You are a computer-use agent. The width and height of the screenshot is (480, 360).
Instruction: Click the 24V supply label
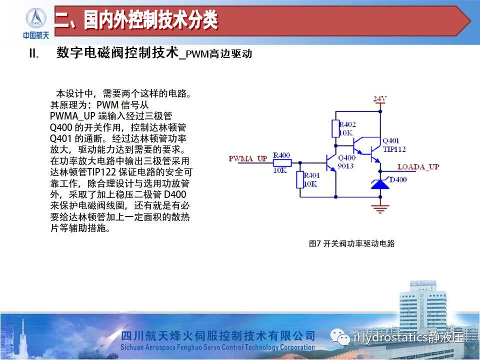pyautogui.click(x=379, y=99)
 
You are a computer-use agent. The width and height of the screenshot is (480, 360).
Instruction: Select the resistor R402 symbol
pyautogui.click(x=335, y=128)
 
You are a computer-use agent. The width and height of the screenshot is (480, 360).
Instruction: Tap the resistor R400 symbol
pyautogui.click(x=282, y=162)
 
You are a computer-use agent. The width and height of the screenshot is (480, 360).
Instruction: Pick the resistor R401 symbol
pyautogui.click(x=300, y=180)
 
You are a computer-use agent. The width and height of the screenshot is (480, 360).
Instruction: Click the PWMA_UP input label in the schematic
pyautogui.click(x=248, y=158)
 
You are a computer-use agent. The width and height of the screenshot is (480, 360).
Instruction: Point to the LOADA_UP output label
pyautogui.click(x=418, y=167)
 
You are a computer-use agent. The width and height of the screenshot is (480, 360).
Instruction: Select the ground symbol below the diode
pyautogui.click(x=380, y=208)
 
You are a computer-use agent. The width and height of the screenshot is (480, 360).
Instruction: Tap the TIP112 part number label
pyautogui.click(x=394, y=149)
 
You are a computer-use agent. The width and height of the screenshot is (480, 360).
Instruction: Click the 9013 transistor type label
pyautogui.click(x=345, y=166)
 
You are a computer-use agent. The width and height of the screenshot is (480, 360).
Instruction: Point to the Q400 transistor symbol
pyautogui.click(x=330, y=162)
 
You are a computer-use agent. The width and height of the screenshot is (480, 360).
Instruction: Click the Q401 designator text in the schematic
pyautogui.click(x=391, y=141)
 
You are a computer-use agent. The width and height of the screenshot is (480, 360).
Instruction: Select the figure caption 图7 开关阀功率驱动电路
pyautogui.click(x=351, y=243)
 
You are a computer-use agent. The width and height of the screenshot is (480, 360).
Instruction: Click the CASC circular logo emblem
pyautogui.click(x=36, y=18)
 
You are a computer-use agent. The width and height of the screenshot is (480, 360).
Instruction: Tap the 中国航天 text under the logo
pyautogui.click(x=36, y=35)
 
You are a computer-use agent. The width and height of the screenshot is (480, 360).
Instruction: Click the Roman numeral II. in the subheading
pyautogui.click(x=34, y=53)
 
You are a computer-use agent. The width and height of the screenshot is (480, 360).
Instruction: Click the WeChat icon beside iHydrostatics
pyautogui.click(x=340, y=337)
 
